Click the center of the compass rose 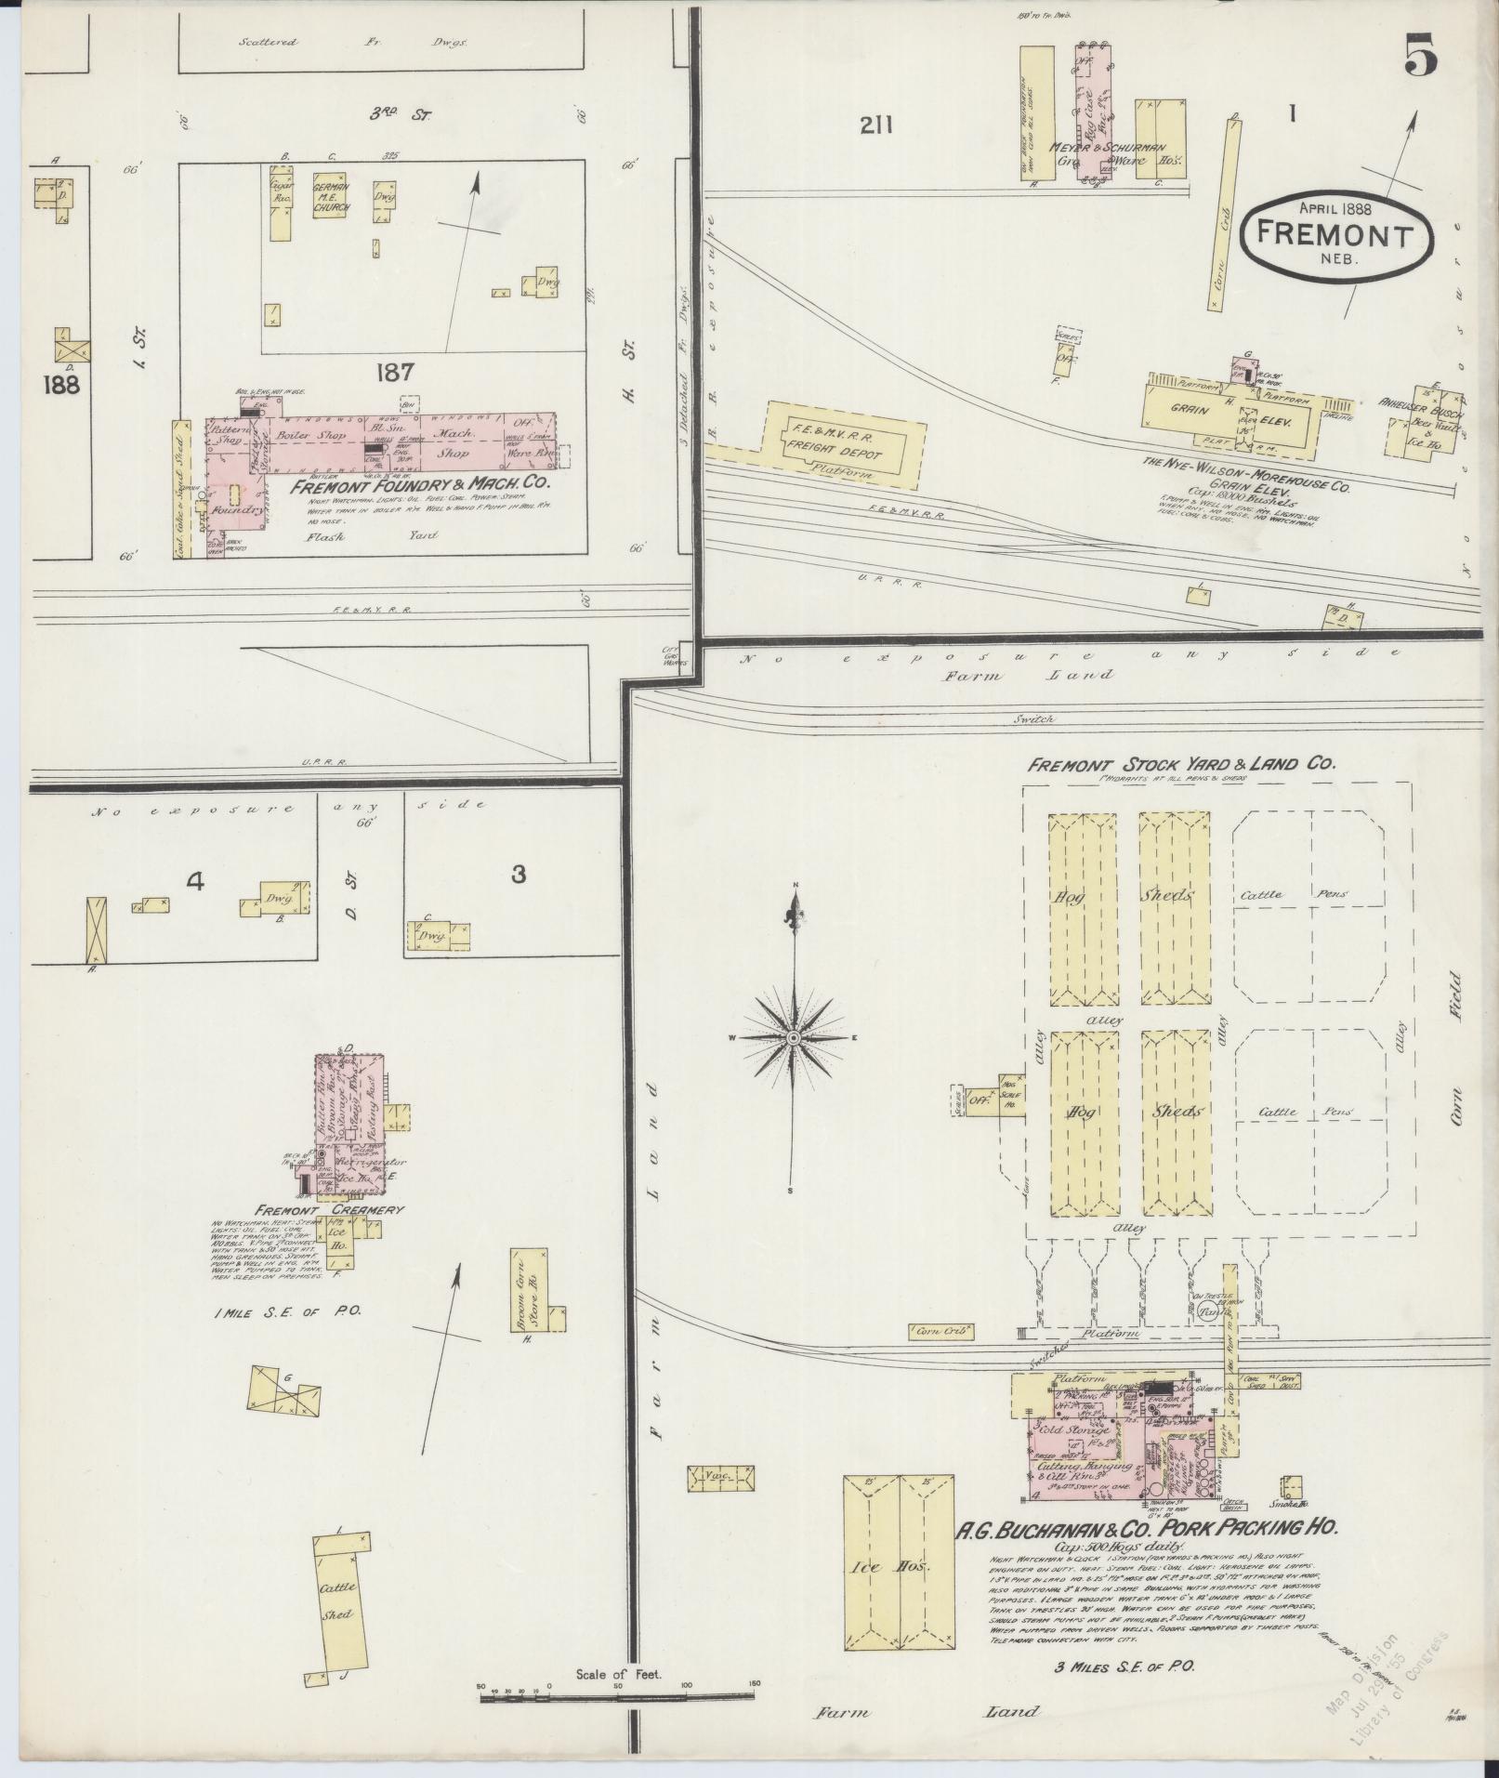point(795,1036)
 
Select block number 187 point(394,373)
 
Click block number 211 point(875,125)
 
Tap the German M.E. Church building point(330,196)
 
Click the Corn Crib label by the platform point(940,1332)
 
